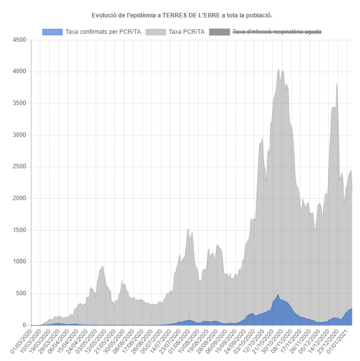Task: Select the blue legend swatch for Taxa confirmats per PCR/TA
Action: pyautogui.click(x=52, y=32)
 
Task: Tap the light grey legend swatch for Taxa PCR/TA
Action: pyautogui.click(x=156, y=32)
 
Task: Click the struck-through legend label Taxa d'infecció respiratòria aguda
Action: pyautogui.click(x=277, y=32)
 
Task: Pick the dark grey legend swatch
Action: pyautogui.click(x=219, y=32)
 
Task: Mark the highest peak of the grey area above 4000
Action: pyautogui.click(x=278, y=69)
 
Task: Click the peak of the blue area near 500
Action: pyautogui.click(x=278, y=295)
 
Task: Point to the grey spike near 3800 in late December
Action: pyautogui.click(x=337, y=84)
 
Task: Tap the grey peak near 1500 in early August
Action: pyautogui.click(x=187, y=229)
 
